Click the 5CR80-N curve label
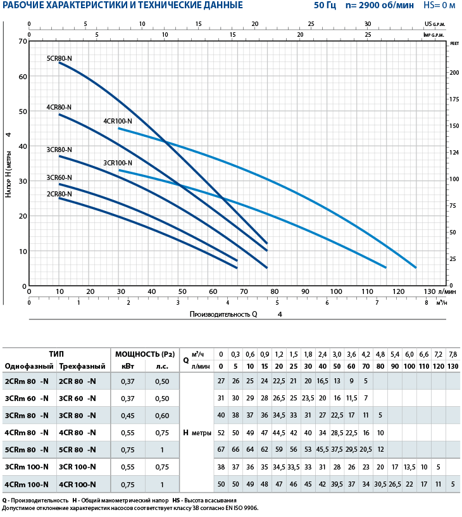(x=59, y=58)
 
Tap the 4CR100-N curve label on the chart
(x=118, y=121)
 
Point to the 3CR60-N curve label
(x=59, y=177)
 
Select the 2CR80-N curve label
(x=59, y=194)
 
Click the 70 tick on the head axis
(x=23, y=42)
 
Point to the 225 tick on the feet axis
(x=454, y=46)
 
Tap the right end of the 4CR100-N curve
(x=416, y=267)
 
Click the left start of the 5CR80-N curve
(x=59, y=63)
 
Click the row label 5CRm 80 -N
(x=27, y=449)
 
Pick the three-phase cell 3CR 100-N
(x=77, y=467)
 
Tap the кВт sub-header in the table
(x=127, y=366)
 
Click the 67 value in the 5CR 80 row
(x=221, y=449)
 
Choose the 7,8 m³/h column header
(x=453, y=354)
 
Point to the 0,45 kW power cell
(x=128, y=415)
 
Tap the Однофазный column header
(x=27, y=366)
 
